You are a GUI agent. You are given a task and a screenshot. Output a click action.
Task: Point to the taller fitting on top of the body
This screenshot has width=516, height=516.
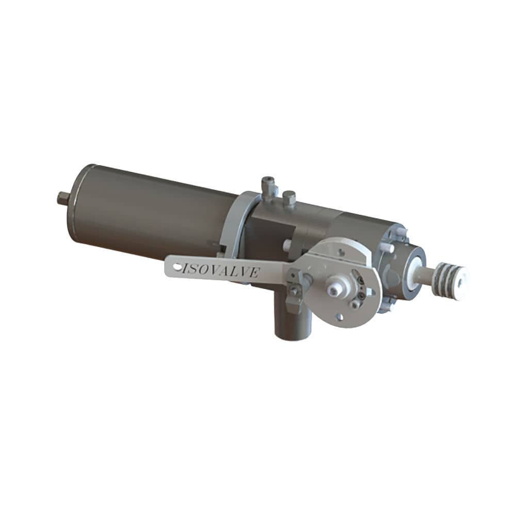(x=268, y=188)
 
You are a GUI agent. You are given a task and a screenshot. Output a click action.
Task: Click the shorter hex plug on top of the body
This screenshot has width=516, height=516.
(x=289, y=199)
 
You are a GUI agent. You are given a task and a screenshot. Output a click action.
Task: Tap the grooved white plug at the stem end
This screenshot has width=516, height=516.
(x=452, y=279)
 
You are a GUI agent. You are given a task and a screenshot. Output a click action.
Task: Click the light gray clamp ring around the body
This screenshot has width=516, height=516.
(x=235, y=222)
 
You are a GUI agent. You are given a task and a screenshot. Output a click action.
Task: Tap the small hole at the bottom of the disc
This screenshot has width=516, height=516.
(x=340, y=317)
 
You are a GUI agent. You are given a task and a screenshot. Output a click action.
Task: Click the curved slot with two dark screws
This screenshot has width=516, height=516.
(x=361, y=286)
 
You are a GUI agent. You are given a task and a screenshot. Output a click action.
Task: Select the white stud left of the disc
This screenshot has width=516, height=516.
(x=287, y=245)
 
